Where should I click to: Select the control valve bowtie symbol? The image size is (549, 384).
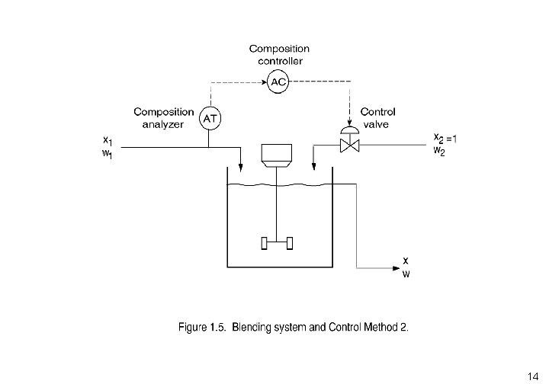coord(350,146)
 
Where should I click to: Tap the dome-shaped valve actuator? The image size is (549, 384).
coord(350,130)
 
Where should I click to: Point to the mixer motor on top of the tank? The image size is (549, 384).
coord(277,155)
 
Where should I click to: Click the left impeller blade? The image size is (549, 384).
coord(265,243)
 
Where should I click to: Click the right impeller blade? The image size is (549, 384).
coord(290,243)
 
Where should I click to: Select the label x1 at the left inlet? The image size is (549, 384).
coord(108,141)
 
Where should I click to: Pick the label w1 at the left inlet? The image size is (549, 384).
coord(108,154)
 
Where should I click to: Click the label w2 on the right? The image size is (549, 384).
coord(439,151)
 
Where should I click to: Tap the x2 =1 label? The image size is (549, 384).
coord(445,139)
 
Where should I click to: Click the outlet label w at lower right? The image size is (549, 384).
coord(406,274)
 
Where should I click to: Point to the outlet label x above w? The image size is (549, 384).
coord(406,261)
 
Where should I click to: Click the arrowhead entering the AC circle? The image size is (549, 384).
coord(265,82)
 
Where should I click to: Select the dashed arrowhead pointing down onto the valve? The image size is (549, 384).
coord(349,123)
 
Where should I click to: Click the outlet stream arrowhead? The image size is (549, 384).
coord(396,268)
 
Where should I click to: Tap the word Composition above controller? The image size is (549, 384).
coord(279,49)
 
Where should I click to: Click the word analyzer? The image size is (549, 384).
coord(163,125)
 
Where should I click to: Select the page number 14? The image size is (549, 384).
coord(533,376)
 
